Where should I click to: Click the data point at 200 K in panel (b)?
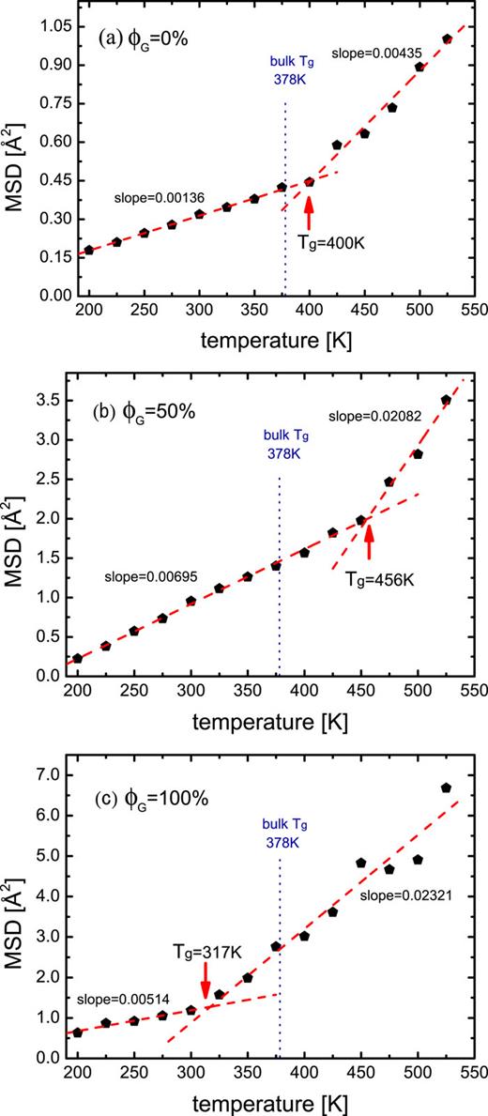[x=78, y=658]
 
